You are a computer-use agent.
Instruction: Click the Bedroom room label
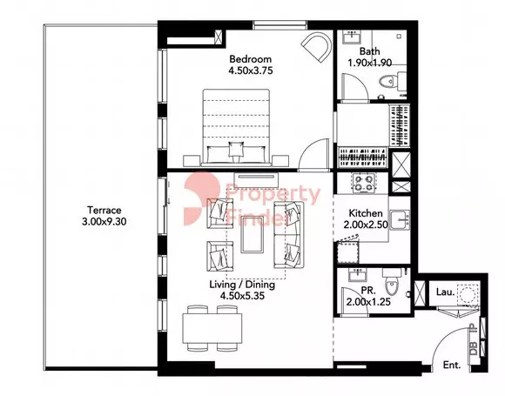tap(250, 59)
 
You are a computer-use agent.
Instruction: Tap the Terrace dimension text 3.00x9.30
tap(104, 222)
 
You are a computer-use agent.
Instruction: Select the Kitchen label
tap(366, 213)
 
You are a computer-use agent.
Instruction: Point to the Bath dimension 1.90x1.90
tap(370, 63)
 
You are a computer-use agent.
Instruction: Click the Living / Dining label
tap(242, 285)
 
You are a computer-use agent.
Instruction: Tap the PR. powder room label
tap(368, 291)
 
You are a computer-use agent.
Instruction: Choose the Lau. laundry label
tap(446, 292)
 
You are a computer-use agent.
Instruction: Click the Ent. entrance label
tap(452, 365)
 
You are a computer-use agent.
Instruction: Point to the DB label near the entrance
tap(473, 348)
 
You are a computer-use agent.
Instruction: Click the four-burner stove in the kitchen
tap(364, 183)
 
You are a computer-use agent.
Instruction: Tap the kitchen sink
tap(400, 219)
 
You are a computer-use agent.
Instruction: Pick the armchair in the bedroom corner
tap(316, 47)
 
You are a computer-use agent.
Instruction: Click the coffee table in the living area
tap(252, 234)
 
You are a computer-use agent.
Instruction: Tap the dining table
tap(212, 328)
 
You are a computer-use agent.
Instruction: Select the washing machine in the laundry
tap(467, 294)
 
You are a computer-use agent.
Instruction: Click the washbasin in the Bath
tap(352, 37)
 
